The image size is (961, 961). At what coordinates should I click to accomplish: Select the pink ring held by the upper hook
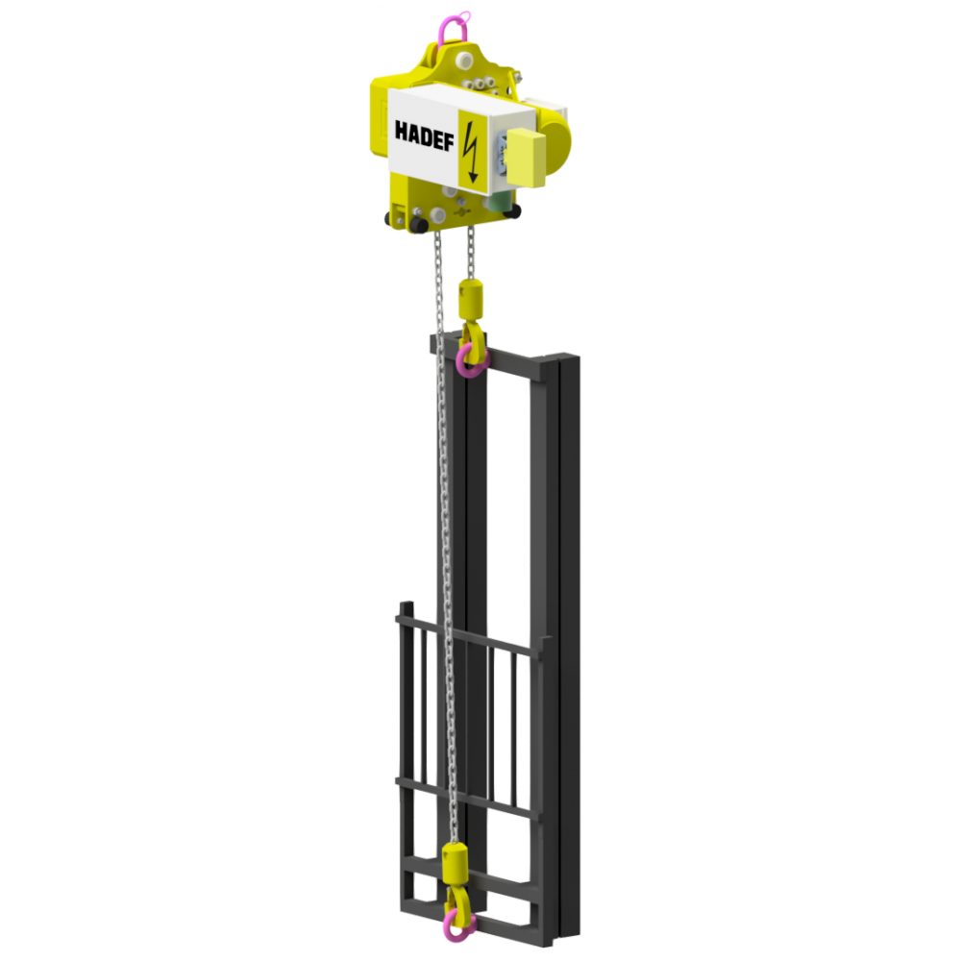[x=471, y=360]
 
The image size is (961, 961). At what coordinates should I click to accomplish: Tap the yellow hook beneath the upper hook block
[x=471, y=336]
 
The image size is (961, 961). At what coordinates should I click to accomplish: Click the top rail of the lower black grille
[x=471, y=636]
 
